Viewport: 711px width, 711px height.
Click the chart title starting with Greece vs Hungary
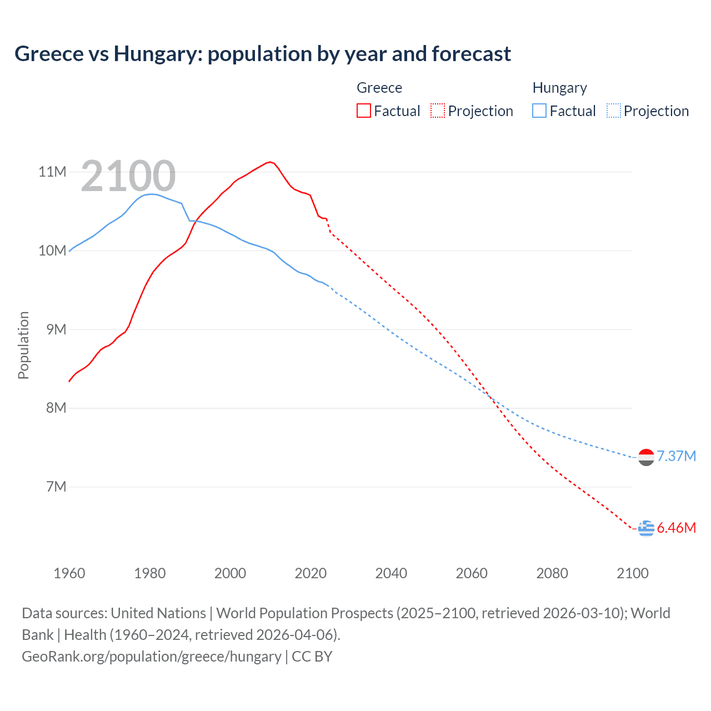(263, 54)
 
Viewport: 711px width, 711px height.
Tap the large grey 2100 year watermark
(128, 176)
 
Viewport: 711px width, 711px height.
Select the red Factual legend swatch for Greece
(363, 111)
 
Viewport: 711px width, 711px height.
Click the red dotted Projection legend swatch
(438, 111)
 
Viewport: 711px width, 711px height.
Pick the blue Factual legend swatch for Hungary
(539, 111)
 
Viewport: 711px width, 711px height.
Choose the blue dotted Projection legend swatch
(613, 111)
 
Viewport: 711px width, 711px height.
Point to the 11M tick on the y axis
(52, 172)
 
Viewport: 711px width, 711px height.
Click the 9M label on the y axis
(55, 329)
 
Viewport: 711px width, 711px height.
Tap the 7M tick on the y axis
(56, 487)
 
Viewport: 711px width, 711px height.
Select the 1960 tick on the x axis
(69, 573)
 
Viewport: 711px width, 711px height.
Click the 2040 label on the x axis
(391, 573)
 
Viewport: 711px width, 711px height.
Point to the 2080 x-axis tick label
(552, 573)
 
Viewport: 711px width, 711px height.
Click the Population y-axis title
(23, 345)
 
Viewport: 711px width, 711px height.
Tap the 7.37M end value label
(676, 456)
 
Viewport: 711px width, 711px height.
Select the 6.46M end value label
(676, 528)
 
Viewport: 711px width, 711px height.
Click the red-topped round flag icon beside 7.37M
(646, 457)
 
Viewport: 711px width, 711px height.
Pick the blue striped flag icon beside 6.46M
(646, 528)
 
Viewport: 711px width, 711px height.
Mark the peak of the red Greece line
(270, 162)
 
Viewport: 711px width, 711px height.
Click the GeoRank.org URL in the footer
(152, 656)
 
